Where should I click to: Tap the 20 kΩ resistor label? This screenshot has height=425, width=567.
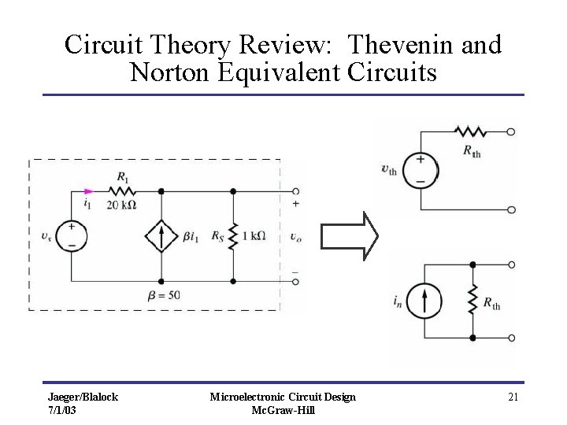[x=121, y=205]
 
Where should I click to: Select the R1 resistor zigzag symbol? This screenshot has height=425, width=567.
[x=122, y=190]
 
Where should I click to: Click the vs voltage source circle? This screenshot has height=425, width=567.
[x=71, y=236]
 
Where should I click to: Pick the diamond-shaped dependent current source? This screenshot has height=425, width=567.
[x=161, y=236]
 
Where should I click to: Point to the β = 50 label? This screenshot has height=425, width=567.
[x=163, y=295]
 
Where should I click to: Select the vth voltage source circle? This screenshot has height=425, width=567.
[x=421, y=170]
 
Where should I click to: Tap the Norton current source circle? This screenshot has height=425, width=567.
[x=424, y=301]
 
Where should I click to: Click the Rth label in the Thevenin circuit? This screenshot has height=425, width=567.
[x=472, y=150]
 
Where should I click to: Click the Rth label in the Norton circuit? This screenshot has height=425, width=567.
[x=491, y=303]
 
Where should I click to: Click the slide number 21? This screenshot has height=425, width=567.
[x=513, y=397]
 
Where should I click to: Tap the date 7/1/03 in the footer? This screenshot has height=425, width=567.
[x=62, y=410]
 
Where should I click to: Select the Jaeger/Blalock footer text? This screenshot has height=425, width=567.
[x=83, y=397]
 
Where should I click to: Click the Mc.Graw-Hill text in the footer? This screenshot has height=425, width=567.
[x=283, y=410]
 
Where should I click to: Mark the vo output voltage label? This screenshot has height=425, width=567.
[x=295, y=236]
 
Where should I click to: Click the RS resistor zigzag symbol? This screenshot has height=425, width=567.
[x=233, y=236]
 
